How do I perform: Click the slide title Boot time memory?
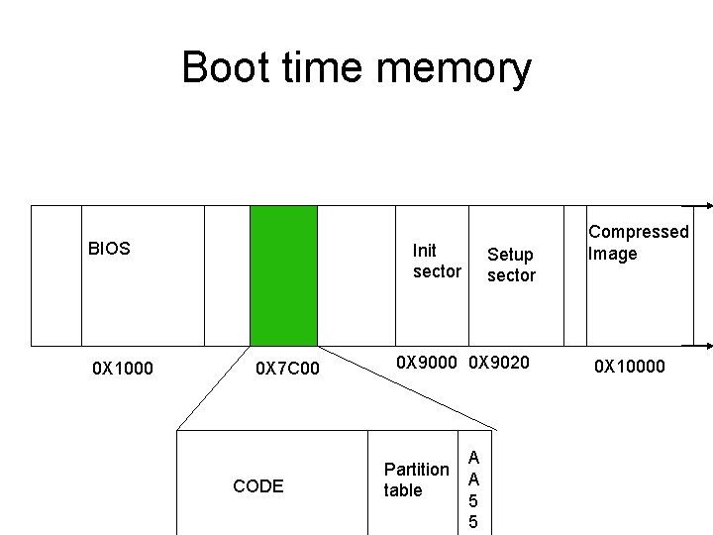356,68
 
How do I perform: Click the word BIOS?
109,249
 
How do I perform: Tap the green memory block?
283,274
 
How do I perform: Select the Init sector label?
437,261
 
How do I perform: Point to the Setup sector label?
511,265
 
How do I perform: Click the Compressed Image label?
638,243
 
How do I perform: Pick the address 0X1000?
123,370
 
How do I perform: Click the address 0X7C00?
287,370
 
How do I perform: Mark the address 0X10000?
630,368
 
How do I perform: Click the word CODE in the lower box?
257,485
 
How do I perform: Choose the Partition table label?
416,480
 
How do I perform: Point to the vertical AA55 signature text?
473,489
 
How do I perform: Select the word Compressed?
638,232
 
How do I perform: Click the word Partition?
416,469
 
